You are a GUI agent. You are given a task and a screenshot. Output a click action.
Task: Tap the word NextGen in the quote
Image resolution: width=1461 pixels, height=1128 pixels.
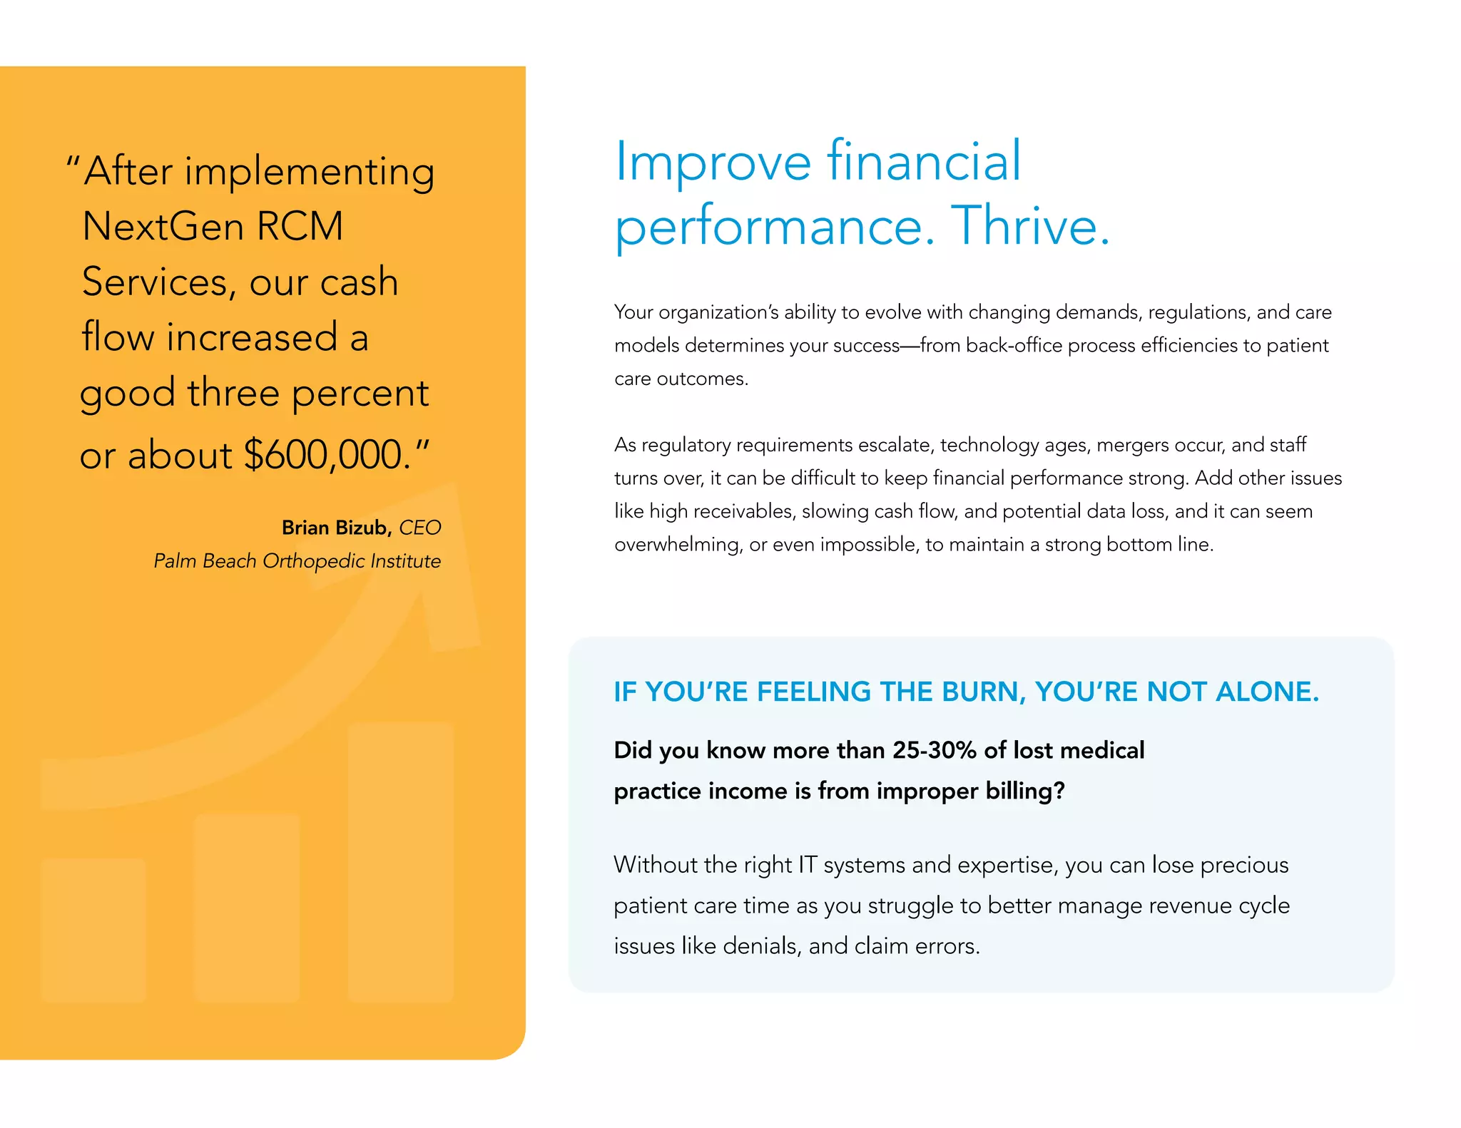[163, 227]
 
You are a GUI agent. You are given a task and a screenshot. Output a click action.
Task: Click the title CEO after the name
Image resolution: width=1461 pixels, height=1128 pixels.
[419, 528]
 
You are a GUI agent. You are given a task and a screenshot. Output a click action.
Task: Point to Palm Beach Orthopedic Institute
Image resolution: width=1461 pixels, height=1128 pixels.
[297, 561]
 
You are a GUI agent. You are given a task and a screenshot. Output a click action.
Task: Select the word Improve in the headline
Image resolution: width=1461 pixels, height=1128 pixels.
[713, 162]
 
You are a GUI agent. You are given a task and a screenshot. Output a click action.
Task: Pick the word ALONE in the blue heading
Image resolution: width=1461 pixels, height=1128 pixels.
[1267, 692]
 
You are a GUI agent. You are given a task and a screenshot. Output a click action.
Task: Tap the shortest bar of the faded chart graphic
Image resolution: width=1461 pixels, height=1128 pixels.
[93, 930]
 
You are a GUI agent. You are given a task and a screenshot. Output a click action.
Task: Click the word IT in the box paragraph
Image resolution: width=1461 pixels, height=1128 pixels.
[807, 865]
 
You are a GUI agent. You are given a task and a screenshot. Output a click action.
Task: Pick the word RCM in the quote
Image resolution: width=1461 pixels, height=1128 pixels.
[300, 227]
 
